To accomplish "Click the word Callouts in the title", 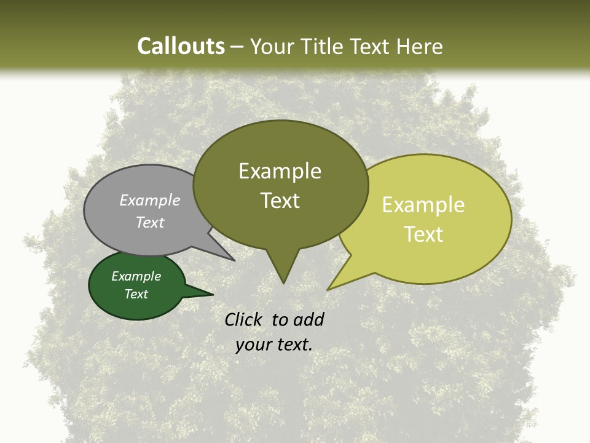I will (x=181, y=46).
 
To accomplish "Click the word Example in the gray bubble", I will (x=150, y=201).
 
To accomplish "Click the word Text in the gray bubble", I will (x=150, y=222).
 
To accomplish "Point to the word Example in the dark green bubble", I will (x=136, y=276).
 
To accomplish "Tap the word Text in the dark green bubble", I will (x=136, y=294).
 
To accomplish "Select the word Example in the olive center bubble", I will (x=280, y=171).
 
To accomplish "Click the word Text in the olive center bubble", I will (x=280, y=201).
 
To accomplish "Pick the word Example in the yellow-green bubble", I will (x=423, y=205).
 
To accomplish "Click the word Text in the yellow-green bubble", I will (x=423, y=234).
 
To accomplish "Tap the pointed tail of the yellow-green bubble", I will (x=332, y=286).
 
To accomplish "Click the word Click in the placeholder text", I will (x=245, y=319).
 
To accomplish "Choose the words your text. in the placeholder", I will (x=274, y=345).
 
